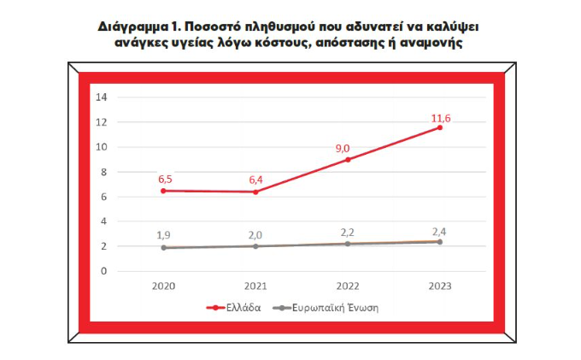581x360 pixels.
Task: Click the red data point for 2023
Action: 440,127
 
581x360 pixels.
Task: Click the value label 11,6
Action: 440,117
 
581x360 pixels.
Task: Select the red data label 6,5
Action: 166,180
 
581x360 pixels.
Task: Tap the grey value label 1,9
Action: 166,235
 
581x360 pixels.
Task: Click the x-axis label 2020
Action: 165,286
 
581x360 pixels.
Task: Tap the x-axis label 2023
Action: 440,286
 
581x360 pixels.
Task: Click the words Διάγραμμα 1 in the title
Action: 141,27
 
